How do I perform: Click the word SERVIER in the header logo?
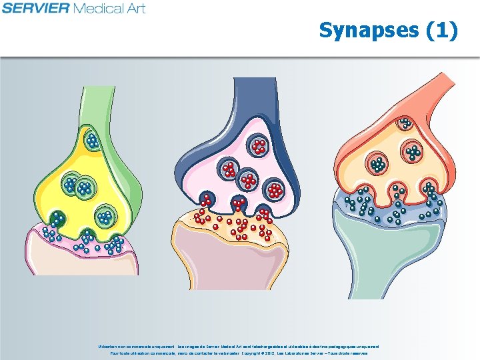point(35,8)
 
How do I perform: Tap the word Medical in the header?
point(99,8)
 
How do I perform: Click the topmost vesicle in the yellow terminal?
point(92,141)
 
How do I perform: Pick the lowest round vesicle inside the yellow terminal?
point(105,217)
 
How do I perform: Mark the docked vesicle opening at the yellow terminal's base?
point(58,218)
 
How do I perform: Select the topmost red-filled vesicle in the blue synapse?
point(258,145)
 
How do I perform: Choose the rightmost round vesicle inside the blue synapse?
point(275,191)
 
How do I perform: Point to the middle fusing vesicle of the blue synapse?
point(239,202)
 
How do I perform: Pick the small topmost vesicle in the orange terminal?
point(405,123)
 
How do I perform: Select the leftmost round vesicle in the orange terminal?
point(379,164)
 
